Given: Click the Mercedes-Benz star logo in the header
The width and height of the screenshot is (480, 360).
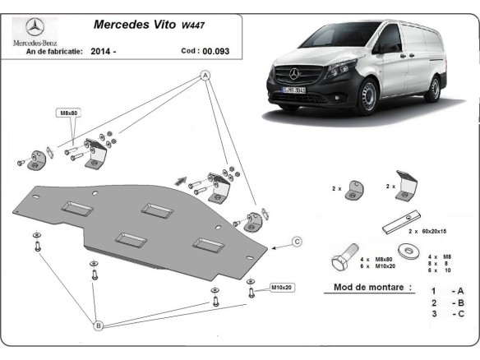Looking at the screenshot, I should click(x=33, y=25).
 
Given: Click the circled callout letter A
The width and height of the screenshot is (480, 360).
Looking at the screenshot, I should click(x=205, y=75).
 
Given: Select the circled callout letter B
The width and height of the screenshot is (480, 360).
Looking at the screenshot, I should click(x=98, y=326).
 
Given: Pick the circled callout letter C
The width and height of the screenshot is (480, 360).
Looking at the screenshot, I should click(x=298, y=241).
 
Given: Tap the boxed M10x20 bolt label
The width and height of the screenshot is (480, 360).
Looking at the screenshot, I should click(x=282, y=288).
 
